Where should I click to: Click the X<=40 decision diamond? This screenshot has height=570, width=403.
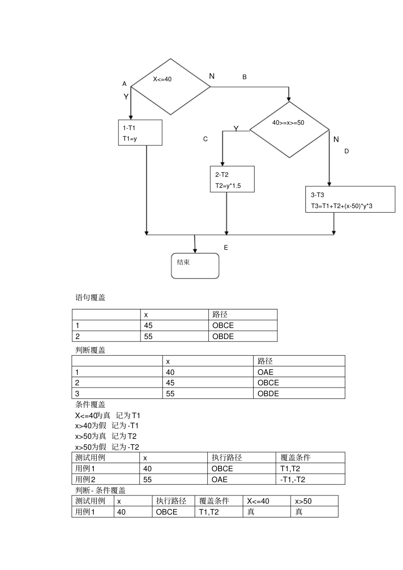click(171, 87)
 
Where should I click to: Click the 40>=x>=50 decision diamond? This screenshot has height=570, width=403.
click(289, 129)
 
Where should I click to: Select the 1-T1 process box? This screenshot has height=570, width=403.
click(140, 133)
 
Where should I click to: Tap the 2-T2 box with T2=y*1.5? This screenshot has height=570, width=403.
click(232, 180)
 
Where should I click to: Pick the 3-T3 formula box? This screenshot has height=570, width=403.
click(350, 200)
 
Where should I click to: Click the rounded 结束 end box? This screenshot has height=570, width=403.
click(195, 266)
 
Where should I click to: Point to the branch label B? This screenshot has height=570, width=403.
click(244, 77)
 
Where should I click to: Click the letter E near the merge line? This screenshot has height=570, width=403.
click(226, 248)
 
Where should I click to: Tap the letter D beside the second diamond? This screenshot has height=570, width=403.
click(346, 151)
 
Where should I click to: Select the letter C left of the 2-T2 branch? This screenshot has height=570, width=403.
click(205, 139)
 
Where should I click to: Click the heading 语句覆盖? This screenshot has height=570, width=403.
click(90, 298)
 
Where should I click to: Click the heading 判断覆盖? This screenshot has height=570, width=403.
click(90, 350)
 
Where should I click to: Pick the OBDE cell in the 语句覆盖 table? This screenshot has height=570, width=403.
click(223, 336)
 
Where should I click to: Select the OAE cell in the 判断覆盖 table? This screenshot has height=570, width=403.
click(266, 372)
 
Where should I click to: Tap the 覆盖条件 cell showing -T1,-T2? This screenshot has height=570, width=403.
click(293, 479)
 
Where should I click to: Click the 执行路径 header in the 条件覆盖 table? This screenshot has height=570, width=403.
click(227, 458)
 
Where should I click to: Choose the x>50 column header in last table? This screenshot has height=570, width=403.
click(303, 501)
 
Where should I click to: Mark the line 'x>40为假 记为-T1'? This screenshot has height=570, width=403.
click(107, 425)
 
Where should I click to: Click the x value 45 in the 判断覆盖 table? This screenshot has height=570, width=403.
click(170, 383)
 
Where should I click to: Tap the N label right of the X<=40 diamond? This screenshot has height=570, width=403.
click(212, 76)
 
